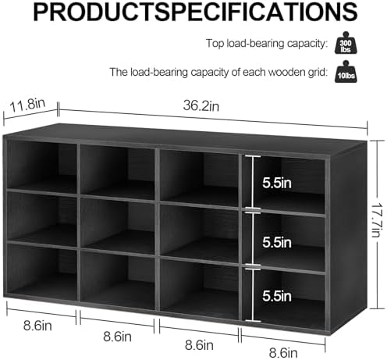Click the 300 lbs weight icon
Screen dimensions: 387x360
point(346,43)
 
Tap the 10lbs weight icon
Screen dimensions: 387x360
point(346,72)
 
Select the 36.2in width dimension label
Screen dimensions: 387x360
point(201,105)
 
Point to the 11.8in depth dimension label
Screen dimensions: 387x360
point(27,105)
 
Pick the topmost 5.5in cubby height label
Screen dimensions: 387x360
point(277,183)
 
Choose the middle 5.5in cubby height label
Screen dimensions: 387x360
point(277,242)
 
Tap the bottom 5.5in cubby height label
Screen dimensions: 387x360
point(277,296)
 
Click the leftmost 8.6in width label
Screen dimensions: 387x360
point(37,326)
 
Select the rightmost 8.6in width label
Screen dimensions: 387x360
point(283,353)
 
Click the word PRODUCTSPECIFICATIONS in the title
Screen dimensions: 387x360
point(195,12)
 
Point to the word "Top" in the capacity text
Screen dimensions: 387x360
point(215,43)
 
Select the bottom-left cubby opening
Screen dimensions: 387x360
point(42,272)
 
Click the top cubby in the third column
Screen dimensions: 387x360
point(199,178)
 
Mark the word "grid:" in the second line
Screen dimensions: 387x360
point(317,73)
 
